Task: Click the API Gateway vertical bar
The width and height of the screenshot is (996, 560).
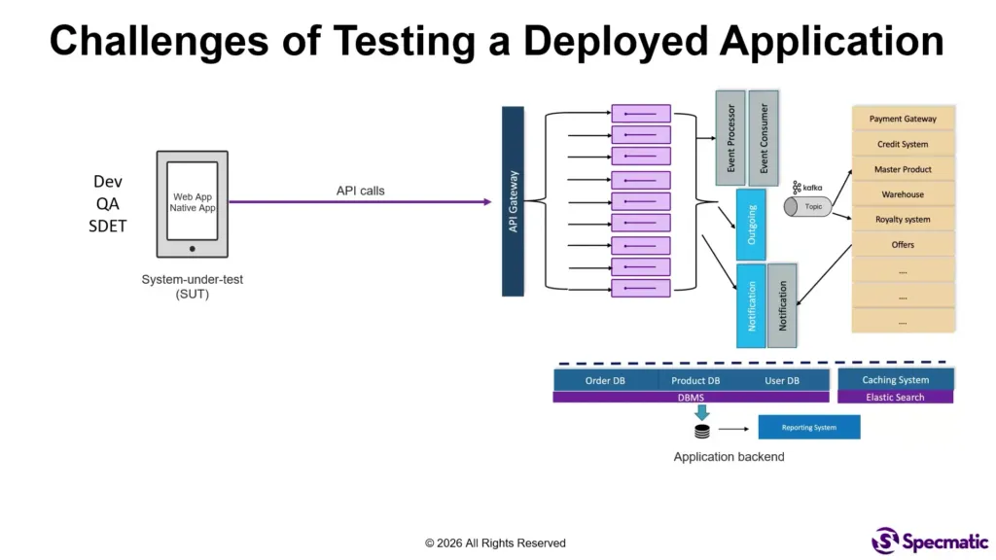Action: coord(513,201)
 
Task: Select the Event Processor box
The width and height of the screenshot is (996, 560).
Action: coord(730,137)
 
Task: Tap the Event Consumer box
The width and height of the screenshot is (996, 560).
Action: coord(764,137)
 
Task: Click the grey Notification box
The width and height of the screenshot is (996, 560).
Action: coord(782,306)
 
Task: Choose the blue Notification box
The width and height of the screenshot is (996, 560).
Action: coord(752,306)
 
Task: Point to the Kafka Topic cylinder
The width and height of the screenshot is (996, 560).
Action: coord(807,206)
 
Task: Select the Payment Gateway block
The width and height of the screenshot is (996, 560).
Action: coord(903,119)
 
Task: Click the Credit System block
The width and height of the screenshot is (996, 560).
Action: coord(903,144)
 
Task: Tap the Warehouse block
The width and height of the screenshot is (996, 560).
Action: coord(903,194)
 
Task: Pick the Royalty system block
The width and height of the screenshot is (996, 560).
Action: coord(903,220)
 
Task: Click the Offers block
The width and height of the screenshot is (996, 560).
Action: coord(903,245)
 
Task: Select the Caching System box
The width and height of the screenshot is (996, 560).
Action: coord(895,380)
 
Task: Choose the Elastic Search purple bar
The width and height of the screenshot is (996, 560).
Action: coord(895,397)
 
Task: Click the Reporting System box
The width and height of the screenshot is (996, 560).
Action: coord(808,428)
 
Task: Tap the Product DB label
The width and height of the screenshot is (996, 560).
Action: coord(695,381)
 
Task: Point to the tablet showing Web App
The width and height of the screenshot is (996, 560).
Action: coord(193,203)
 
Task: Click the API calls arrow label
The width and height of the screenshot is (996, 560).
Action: coord(360,191)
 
